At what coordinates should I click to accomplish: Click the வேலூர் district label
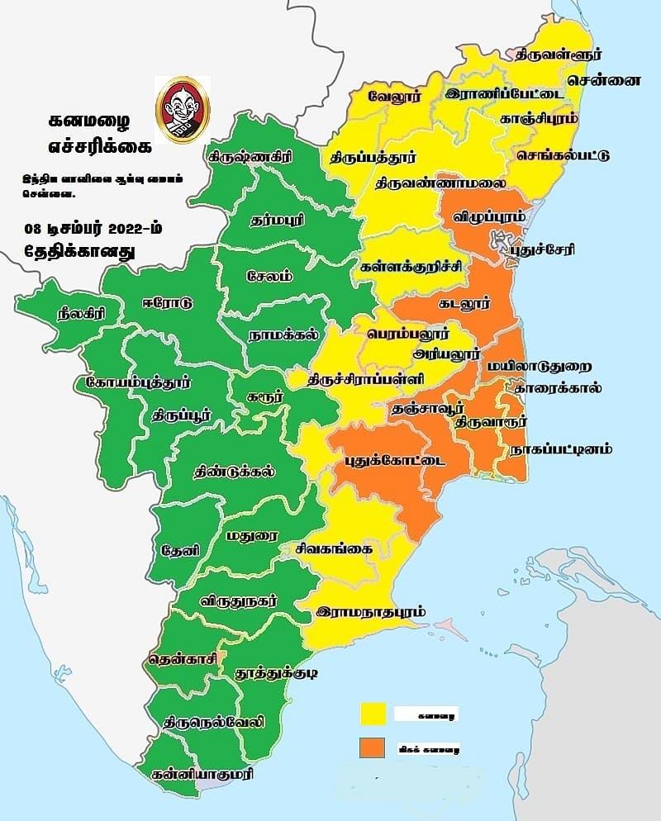pyautogui.click(x=396, y=91)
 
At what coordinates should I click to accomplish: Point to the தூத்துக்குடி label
pyautogui.click(x=277, y=674)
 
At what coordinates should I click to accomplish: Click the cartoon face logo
pyautogui.click(x=183, y=110)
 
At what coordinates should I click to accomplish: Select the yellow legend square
pyautogui.click(x=373, y=714)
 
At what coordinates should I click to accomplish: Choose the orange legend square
pyautogui.click(x=373, y=747)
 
